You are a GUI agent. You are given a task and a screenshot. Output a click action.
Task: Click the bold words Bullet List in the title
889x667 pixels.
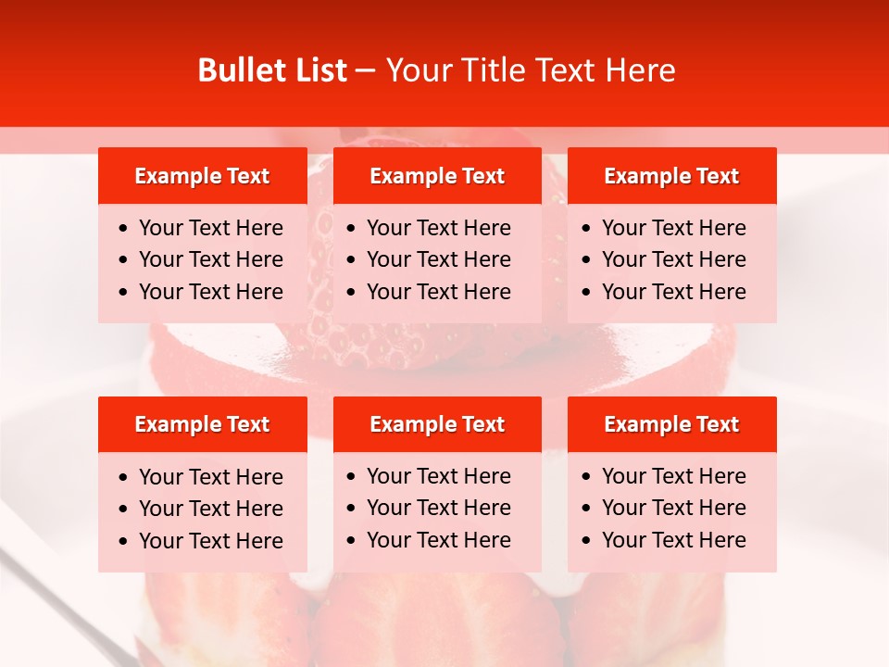(272, 70)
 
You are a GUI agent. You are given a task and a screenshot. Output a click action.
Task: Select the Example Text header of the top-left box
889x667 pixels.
(202, 176)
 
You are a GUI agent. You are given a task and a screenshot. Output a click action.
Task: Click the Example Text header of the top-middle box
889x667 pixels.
(437, 176)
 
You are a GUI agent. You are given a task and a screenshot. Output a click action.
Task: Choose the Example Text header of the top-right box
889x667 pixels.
(671, 176)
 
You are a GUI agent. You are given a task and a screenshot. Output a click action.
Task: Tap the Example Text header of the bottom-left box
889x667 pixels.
(202, 424)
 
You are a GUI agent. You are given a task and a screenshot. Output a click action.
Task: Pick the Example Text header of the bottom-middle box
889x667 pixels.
(437, 424)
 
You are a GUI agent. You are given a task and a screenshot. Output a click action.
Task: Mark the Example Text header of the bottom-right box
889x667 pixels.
(671, 424)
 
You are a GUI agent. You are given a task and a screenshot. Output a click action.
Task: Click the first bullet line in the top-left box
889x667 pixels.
(210, 228)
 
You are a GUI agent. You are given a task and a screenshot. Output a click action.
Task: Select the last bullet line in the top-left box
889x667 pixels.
(210, 292)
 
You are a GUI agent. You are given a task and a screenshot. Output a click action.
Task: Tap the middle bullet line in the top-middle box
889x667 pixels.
(438, 259)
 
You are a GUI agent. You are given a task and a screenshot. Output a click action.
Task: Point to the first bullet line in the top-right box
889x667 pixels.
(673, 228)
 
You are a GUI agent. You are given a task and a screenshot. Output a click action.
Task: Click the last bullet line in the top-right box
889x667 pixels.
(673, 292)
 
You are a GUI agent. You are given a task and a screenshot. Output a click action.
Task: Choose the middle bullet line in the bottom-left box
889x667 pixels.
(210, 509)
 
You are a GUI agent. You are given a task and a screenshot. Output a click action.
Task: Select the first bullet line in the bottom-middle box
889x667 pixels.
(438, 476)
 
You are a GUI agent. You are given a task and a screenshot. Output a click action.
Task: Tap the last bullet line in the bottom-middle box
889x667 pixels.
(438, 540)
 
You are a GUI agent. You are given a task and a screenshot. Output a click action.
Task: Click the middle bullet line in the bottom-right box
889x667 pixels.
(673, 508)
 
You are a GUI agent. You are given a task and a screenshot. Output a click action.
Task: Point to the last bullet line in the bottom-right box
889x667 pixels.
(673, 540)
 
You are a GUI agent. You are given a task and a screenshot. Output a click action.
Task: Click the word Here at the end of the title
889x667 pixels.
(641, 70)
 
